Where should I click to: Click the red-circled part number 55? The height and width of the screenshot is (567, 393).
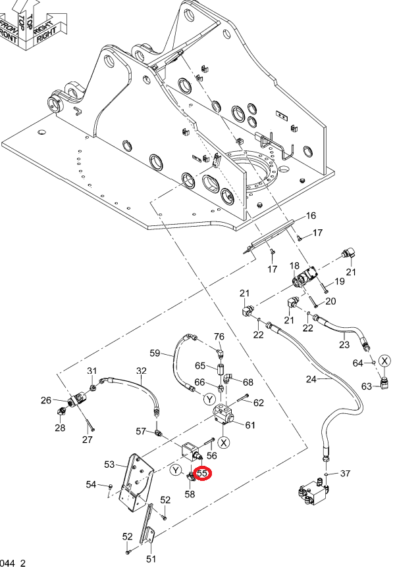tap(202, 473)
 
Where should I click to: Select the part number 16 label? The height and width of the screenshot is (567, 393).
tap(311, 215)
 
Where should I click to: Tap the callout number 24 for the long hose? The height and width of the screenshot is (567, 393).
tap(311, 379)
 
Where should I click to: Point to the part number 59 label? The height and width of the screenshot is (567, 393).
tap(155, 353)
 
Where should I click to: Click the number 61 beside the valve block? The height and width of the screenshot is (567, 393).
tap(250, 425)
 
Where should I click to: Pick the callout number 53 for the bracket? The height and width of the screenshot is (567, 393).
tap(109, 464)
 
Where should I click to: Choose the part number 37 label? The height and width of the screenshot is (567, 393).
tap(345, 473)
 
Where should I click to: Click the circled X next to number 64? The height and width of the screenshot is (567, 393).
tap(384, 361)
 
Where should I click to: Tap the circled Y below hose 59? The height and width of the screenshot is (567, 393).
tap(210, 399)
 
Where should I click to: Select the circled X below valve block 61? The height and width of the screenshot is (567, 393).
tap(224, 443)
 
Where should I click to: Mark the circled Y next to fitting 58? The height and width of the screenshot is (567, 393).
tap(176, 470)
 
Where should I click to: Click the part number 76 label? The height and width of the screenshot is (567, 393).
tap(219, 336)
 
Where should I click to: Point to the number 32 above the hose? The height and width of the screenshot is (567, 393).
tap(142, 371)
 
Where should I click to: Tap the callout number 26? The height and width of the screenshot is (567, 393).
tap(46, 400)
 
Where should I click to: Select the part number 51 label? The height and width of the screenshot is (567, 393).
tap(151, 558)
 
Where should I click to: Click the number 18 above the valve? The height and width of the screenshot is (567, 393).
tap(294, 266)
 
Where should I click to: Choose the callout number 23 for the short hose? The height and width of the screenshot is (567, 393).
tap(344, 344)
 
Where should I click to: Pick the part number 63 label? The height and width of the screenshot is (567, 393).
tap(367, 386)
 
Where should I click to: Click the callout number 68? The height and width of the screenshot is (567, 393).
tap(248, 382)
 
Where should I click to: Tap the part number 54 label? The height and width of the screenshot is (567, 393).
tap(91, 484)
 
